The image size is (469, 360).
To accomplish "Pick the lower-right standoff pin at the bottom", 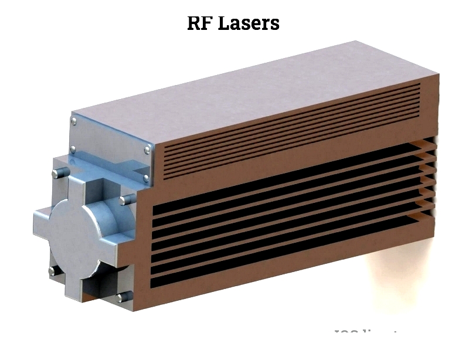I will (123, 297).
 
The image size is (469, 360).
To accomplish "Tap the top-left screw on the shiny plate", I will (73, 121).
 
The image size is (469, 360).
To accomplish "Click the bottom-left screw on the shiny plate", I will (73, 148).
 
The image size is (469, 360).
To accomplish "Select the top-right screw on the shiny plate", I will (147, 150).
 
